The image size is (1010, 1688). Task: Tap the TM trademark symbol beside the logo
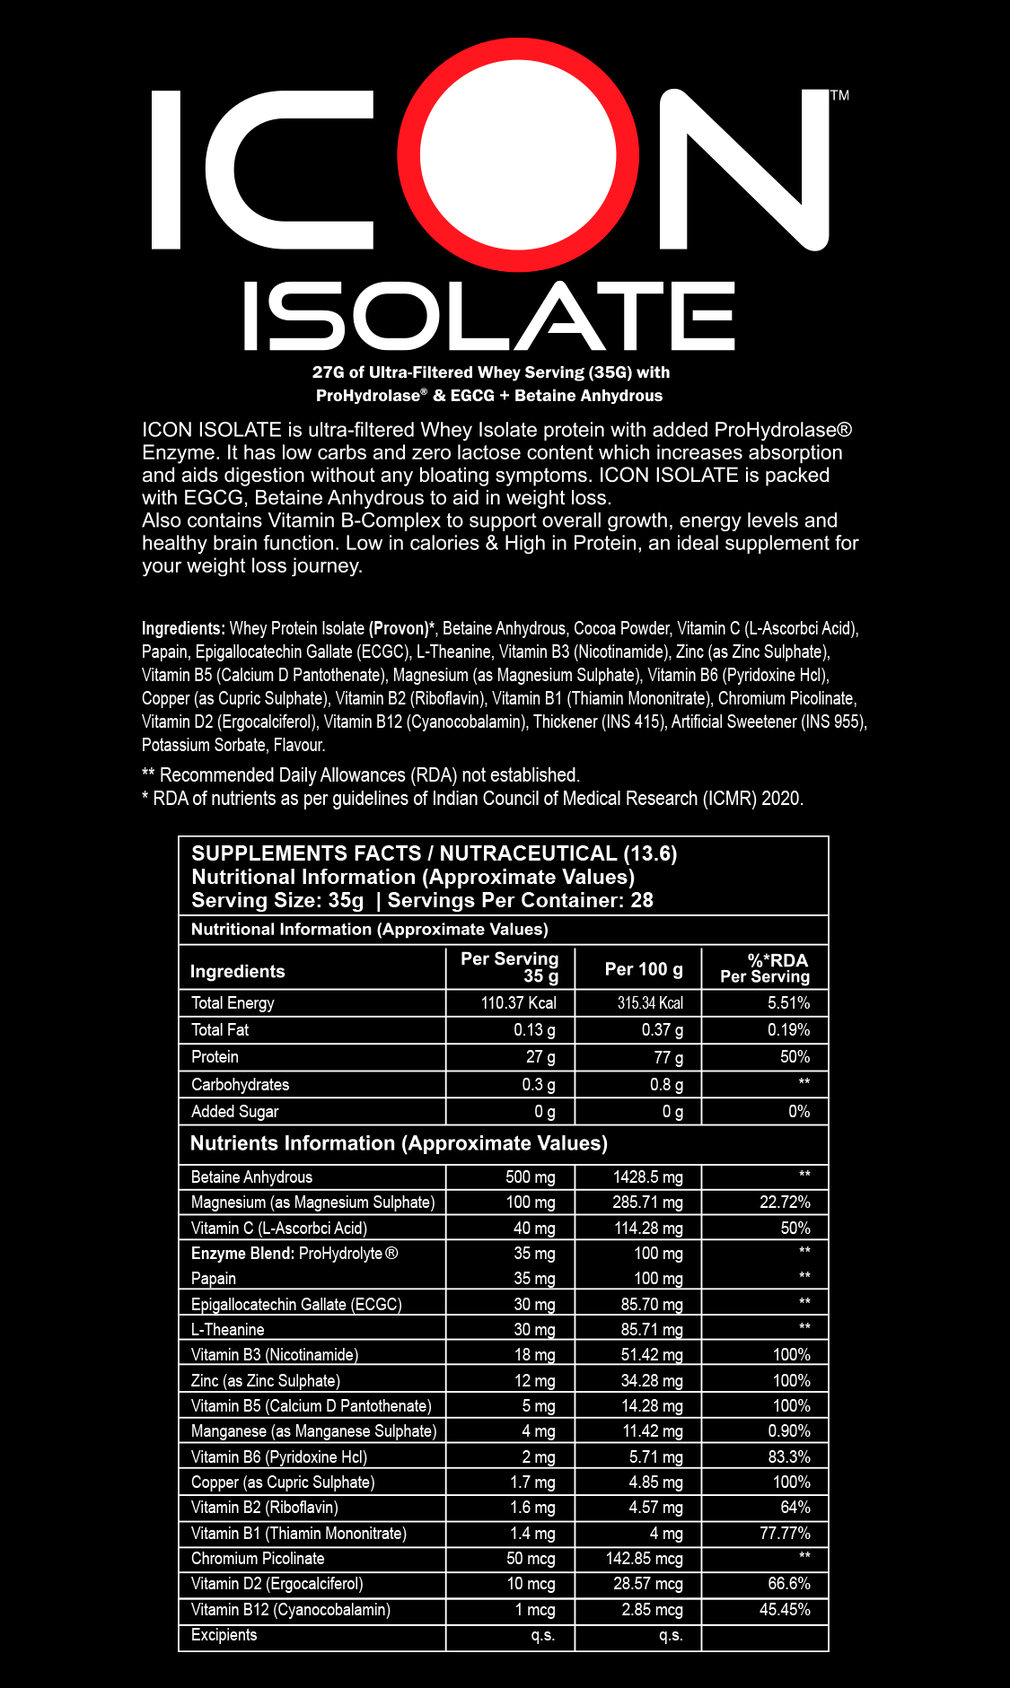(x=839, y=95)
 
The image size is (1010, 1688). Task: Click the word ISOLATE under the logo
(x=489, y=316)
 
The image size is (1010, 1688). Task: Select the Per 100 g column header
(x=643, y=969)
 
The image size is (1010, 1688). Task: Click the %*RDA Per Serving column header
(x=765, y=968)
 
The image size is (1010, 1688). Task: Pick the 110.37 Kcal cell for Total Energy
(x=518, y=1003)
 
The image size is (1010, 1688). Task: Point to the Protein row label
(x=215, y=1057)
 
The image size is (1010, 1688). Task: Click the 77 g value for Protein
(x=668, y=1057)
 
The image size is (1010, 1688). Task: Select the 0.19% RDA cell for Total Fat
(x=788, y=1030)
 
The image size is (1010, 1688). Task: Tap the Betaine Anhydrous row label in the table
(x=251, y=1177)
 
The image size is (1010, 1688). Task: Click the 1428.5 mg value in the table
(x=647, y=1177)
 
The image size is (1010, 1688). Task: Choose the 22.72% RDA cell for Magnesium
(x=785, y=1203)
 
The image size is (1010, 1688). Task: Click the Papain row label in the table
(x=214, y=1279)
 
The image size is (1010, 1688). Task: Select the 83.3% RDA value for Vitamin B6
(x=789, y=1457)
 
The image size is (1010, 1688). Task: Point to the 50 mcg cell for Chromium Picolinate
(x=531, y=1559)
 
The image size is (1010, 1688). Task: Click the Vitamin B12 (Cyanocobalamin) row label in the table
(x=290, y=1610)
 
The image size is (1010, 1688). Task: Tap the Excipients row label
(x=224, y=1635)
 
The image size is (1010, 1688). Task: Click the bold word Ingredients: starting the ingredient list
(x=183, y=628)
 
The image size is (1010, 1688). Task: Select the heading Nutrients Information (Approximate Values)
(x=399, y=1143)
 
